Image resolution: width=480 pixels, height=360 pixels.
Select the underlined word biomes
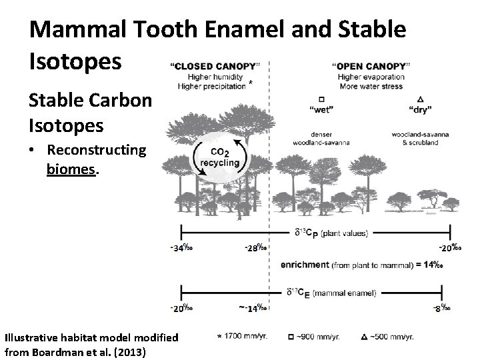(x=72, y=169)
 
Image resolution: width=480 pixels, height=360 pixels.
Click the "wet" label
(x=322, y=109)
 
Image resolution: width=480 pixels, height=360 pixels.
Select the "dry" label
(x=420, y=109)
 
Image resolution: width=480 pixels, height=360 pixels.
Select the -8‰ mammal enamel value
(x=441, y=308)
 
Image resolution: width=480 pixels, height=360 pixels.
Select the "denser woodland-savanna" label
(x=321, y=137)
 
